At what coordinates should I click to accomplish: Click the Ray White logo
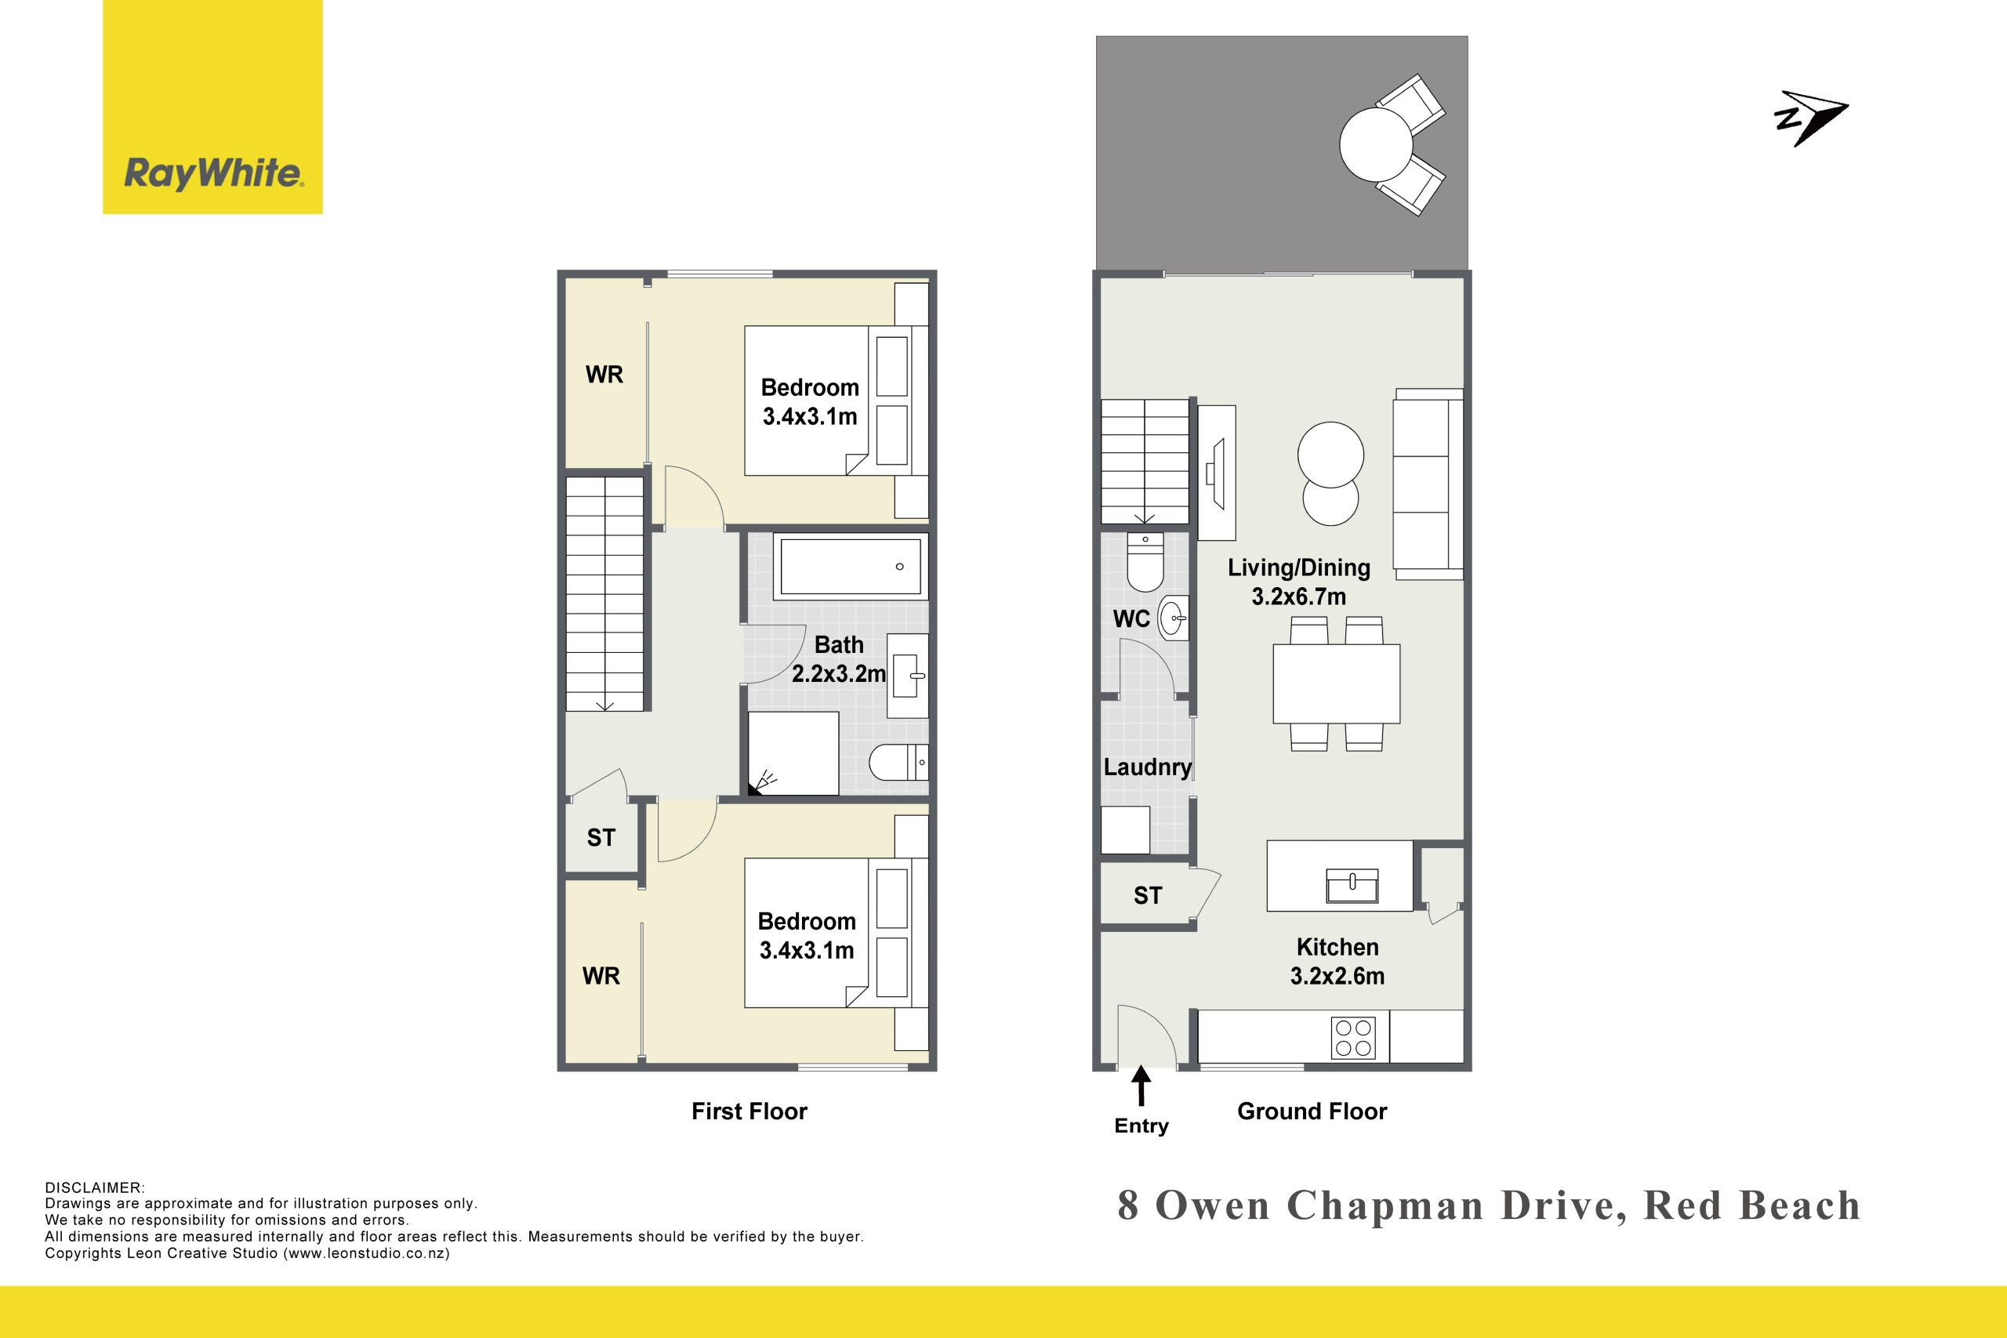[x=212, y=107]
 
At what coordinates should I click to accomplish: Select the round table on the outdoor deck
[x=1376, y=144]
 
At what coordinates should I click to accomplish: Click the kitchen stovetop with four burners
[x=1353, y=1038]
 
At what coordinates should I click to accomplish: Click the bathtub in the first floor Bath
[x=851, y=566]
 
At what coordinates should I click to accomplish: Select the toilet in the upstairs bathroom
[x=898, y=762]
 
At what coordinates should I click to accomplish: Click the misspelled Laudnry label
[x=1147, y=767]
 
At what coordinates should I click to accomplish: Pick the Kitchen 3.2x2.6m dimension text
[x=1337, y=975]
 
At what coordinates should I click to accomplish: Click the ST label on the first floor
[x=601, y=837]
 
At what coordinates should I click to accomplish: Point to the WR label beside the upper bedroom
[x=604, y=374]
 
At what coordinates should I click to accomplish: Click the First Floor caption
[x=749, y=1111]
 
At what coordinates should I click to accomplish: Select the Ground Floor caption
[x=1312, y=1111]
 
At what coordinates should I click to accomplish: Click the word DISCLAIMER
[x=95, y=1188]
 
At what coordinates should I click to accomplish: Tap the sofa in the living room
[x=1428, y=484]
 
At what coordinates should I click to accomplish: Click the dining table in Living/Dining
[x=1336, y=684]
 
